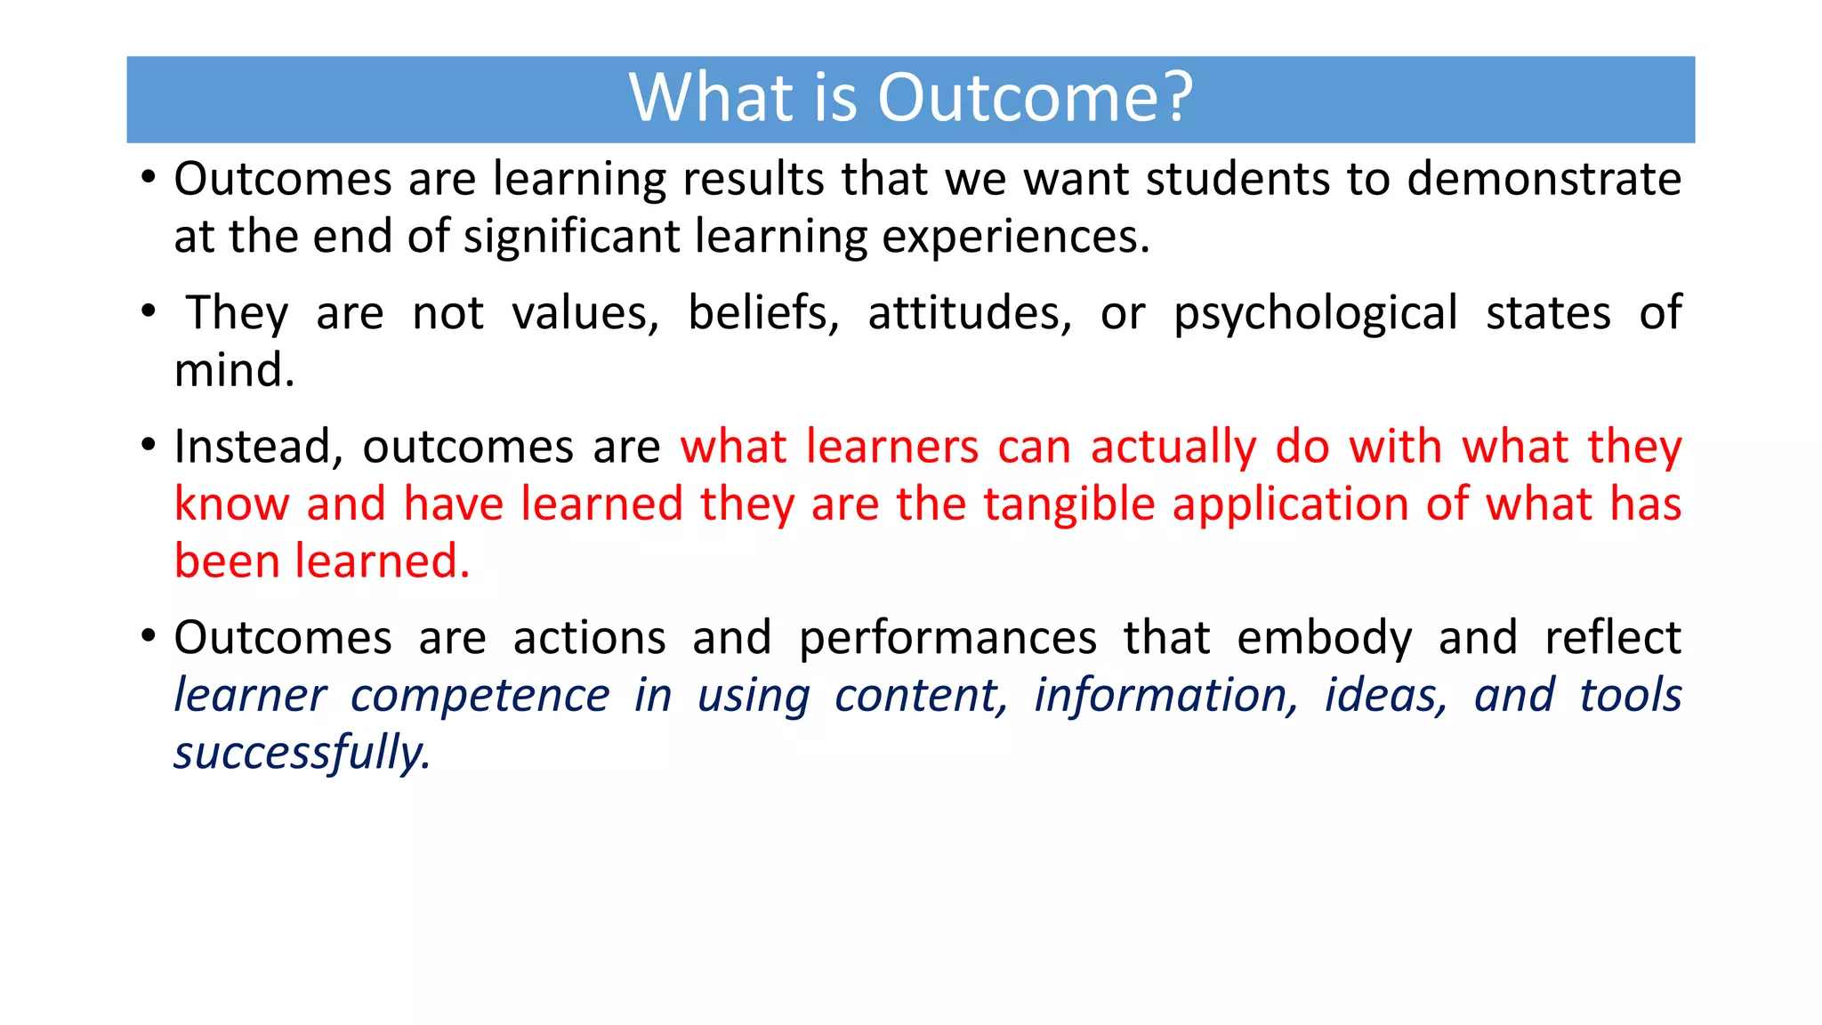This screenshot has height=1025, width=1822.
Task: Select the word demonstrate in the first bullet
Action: (x=1544, y=179)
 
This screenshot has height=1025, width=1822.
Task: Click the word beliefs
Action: (x=763, y=313)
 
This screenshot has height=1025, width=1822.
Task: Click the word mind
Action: (x=234, y=370)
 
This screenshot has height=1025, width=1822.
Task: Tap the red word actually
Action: (x=1173, y=448)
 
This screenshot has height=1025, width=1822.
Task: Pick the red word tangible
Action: (x=1068, y=505)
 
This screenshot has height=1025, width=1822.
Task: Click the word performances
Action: (x=947, y=639)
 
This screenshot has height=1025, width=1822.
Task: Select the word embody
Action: (x=1324, y=639)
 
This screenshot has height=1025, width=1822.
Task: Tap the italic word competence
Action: (x=480, y=696)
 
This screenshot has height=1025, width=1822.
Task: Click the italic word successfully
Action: (x=302, y=754)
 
